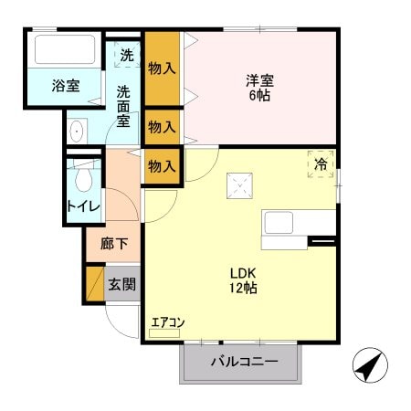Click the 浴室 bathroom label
[x=65, y=86]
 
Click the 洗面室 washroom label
[x=123, y=106]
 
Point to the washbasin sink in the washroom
[x=76, y=132]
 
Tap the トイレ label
[x=83, y=205]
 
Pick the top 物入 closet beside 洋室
[x=162, y=68]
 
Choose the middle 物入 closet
[x=162, y=126]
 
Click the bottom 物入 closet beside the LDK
[x=162, y=165]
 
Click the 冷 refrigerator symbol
[x=321, y=164]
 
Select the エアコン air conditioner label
[x=167, y=321]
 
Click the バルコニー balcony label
[x=244, y=362]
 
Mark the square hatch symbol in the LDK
[x=241, y=186]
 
